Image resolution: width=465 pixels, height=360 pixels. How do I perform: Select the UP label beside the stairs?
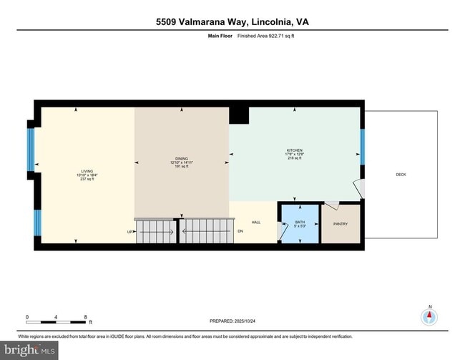[x=129, y=232]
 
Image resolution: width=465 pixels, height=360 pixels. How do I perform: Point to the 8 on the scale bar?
[x=85, y=316]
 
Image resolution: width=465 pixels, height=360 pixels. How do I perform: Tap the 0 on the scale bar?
[x=27, y=316]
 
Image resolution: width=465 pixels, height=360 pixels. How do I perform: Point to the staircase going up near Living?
[x=155, y=231]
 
